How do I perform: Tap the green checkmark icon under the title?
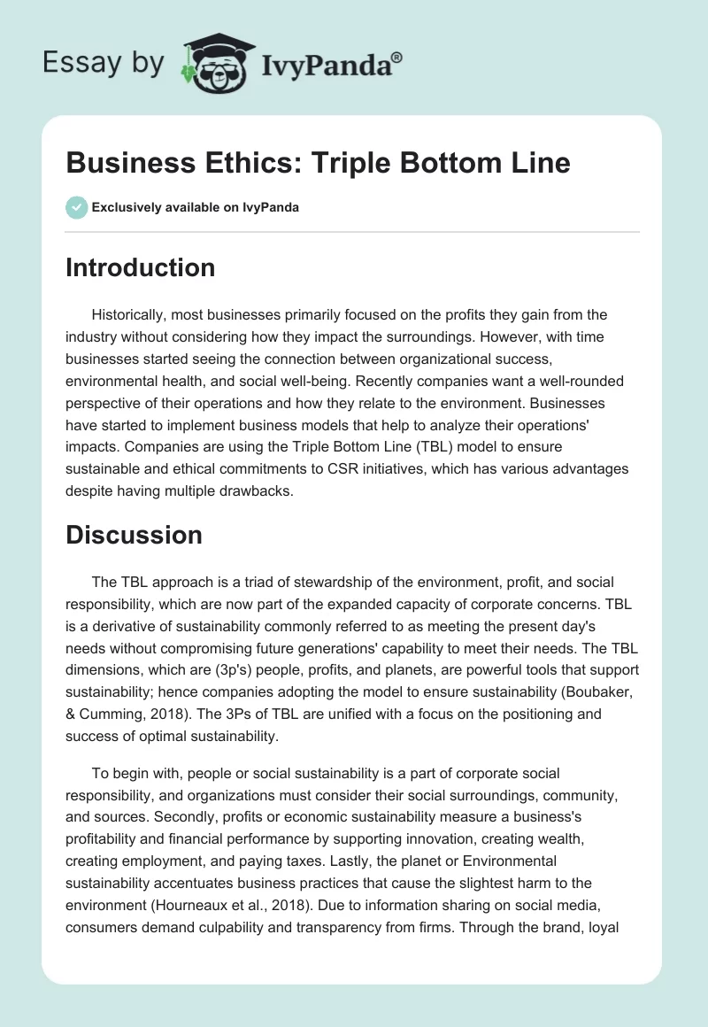tap(76, 206)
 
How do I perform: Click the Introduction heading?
tap(140, 267)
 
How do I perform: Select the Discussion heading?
tap(134, 535)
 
